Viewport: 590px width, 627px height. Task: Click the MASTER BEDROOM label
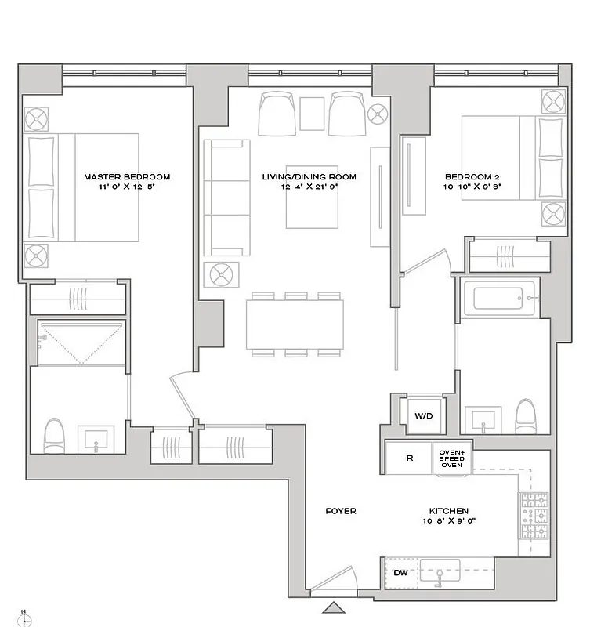[x=127, y=177]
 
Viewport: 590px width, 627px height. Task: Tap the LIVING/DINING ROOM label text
[x=309, y=177]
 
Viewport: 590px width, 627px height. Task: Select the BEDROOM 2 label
[x=472, y=177]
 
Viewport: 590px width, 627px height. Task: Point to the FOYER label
[x=341, y=511]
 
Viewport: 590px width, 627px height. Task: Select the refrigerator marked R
[x=409, y=458]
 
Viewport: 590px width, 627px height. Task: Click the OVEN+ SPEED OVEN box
[x=451, y=458]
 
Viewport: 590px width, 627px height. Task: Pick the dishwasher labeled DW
[x=400, y=573]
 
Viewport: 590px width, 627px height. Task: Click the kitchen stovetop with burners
[x=533, y=516]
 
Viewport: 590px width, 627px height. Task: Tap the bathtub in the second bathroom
[x=498, y=299]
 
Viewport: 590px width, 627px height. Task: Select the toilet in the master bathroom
[x=54, y=436]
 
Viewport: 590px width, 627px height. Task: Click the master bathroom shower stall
[x=81, y=342]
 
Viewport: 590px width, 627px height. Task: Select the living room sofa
[x=226, y=198]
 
